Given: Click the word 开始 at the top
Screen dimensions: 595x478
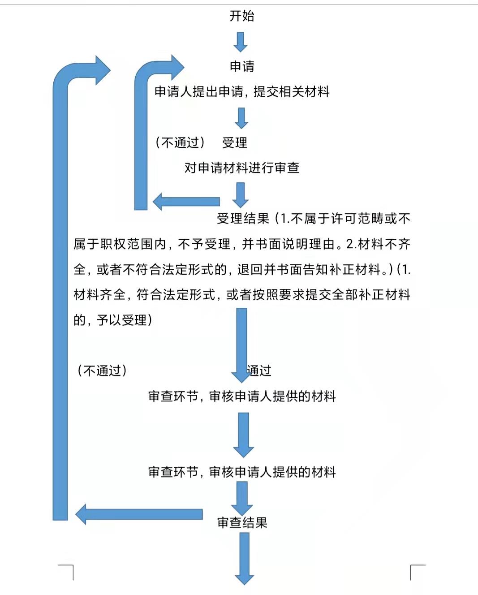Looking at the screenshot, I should click(242, 16).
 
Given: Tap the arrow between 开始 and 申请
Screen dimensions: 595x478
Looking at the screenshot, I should click(241, 42).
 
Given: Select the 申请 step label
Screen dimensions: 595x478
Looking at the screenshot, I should click(242, 67).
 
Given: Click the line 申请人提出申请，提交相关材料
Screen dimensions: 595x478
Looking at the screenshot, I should click(242, 92).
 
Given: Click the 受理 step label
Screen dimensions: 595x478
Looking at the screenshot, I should click(235, 143).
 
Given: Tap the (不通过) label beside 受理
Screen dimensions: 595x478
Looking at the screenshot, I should click(180, 143).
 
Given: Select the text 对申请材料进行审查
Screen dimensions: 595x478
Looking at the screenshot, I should click(242, 168).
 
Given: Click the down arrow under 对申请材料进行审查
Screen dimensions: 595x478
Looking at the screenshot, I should click(241, 194).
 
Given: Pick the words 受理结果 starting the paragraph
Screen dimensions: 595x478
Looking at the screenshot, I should click(243, 219).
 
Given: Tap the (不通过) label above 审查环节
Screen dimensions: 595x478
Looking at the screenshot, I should click(102, 371).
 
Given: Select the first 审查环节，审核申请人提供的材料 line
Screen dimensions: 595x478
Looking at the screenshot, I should click(242, 396).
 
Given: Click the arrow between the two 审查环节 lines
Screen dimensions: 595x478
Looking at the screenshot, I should click(243, 434).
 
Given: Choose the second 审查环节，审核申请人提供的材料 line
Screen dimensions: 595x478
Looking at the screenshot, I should click(242, 472).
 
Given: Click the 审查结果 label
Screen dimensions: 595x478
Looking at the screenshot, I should click(242, 522).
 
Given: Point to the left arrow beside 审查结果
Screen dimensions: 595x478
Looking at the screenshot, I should click(139, 514).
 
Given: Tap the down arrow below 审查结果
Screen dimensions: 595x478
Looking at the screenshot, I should click(244, 558).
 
